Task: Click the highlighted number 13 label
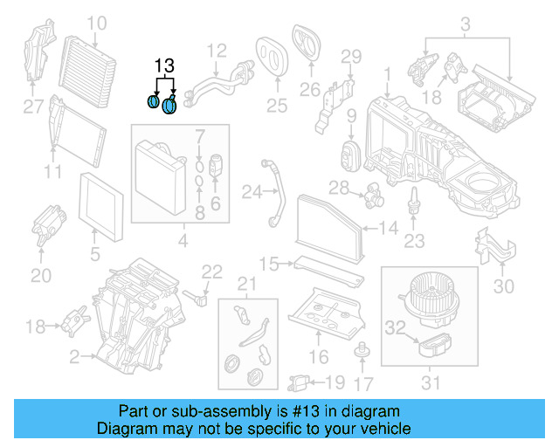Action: (x=164, y=65)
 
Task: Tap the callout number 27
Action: (x=32, y=107)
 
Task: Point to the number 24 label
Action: (x=252, y=191)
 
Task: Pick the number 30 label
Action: (x=504, y=285)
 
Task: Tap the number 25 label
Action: (x=276, y=107)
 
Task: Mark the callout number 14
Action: (x=387, y=229)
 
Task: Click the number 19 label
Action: (x=335, y=382)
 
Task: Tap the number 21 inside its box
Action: (x=247, y=283)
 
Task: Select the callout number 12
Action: (x=216, y=51)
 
